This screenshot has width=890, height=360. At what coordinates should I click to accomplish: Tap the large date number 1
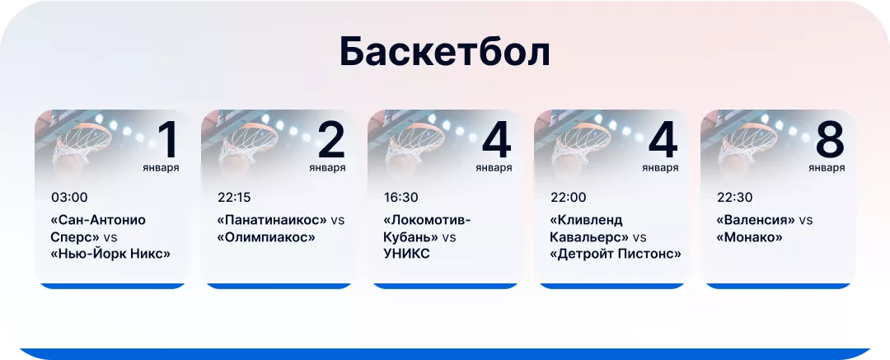[x=167, y=140]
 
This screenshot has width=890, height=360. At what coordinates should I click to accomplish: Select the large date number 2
[x=330, y=140]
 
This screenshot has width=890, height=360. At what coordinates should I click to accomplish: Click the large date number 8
[x=830, y=140]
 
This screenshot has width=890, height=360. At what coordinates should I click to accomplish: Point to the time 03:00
[x=69, y=198]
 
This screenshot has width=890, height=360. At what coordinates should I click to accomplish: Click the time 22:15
[x=234, y=198]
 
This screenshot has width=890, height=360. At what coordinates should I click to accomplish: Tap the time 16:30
[x=400, y=198]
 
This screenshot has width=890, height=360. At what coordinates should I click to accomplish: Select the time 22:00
[x=568, y=198]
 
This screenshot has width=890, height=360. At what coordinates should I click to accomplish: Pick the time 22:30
[x=733, y=198]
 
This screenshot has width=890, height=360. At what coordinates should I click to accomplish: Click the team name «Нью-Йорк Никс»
[x=110, y=254]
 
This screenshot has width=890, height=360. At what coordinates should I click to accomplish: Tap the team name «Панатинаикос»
[x=272, y=221]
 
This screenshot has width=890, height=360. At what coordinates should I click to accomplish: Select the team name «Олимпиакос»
[x=266, y=237]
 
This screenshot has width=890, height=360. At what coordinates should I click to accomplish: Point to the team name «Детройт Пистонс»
[x=615, y=254]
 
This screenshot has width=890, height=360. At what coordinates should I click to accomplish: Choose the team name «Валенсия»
[x=756, y=221]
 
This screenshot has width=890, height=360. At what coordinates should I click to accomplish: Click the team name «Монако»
[x=749, y=237]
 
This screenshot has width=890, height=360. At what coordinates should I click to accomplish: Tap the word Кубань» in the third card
[x=410, y=237]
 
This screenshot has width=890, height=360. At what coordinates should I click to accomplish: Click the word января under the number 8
[x=827, y=168]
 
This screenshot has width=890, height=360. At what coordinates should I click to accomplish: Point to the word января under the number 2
[x=327, y=168]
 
